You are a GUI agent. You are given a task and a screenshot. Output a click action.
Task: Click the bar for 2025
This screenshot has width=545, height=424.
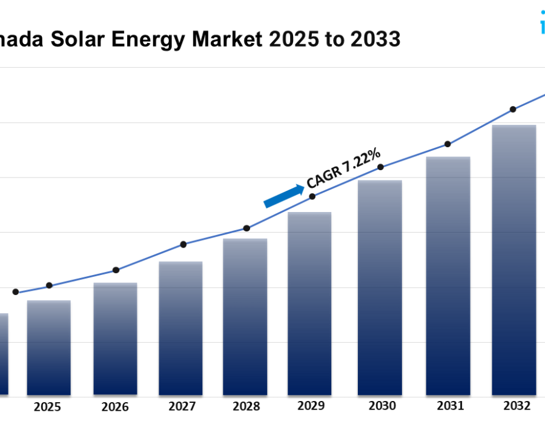coord(48,348)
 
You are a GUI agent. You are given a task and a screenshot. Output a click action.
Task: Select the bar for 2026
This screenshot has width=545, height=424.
coord(115,339)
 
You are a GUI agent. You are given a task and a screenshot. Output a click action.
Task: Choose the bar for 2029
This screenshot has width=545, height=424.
coord(309,303)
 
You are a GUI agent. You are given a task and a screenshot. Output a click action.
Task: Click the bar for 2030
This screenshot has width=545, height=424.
coord(380,288)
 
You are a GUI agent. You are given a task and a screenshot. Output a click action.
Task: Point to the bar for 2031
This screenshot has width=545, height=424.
coord(448,276)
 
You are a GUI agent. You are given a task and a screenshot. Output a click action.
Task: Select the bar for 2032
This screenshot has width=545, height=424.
coord(514,260)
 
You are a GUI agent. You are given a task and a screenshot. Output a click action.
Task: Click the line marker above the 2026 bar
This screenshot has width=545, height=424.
coord(116,270)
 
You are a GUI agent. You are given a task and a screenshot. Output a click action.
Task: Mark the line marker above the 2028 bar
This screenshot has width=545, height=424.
coord(246,228)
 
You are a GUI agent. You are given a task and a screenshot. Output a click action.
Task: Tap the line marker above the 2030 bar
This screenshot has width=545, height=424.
coord(380,167)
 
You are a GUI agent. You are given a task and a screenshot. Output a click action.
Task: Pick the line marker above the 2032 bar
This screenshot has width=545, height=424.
coord(513,110)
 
